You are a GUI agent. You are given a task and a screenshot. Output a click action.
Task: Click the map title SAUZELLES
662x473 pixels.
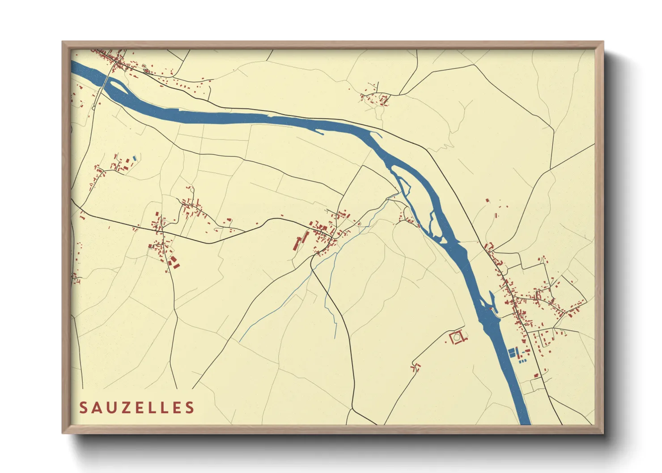tap(137, 407)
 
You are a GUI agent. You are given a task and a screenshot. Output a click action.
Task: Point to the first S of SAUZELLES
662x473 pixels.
tap(83, 407)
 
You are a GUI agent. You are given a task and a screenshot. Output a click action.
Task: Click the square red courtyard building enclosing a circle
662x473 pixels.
tap(457, 338)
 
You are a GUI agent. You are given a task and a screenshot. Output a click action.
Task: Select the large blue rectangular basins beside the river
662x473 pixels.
tap(513, 352)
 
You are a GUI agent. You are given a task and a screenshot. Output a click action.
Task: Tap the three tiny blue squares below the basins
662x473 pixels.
tap(522, 360)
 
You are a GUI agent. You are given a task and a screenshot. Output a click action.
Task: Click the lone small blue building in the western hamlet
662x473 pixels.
tap(135, 158)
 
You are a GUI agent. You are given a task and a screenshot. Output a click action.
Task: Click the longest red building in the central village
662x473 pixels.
tap(296, 243)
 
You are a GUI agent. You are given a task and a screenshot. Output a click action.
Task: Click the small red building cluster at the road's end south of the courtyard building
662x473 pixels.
tap(416, 367)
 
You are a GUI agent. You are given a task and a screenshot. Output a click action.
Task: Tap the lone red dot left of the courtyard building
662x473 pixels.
tap(446, 342)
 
